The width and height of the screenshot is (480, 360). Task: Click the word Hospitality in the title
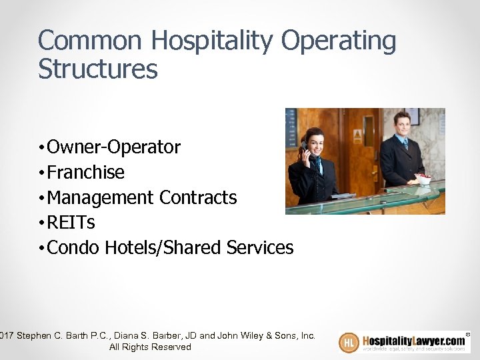(212, 41)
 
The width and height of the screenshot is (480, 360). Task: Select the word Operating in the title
(338, 41)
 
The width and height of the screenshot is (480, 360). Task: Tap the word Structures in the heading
(98, 69)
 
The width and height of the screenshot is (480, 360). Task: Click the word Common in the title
(91, 41)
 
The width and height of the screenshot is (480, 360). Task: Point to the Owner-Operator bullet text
(113, 147)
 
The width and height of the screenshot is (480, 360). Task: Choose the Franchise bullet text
(86, 172)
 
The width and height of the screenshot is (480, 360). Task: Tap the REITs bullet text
(71, 222)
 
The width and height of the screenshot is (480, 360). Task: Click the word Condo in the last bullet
(73, 247)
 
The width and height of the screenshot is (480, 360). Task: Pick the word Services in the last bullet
(260, 247)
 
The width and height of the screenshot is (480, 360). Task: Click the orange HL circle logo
(349, 342)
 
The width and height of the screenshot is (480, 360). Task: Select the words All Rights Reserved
(150, 347)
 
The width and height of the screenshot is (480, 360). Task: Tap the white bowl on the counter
(423, 179)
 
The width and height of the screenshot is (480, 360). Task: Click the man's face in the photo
(401, 125)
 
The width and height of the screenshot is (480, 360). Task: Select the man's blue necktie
(405, 143)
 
